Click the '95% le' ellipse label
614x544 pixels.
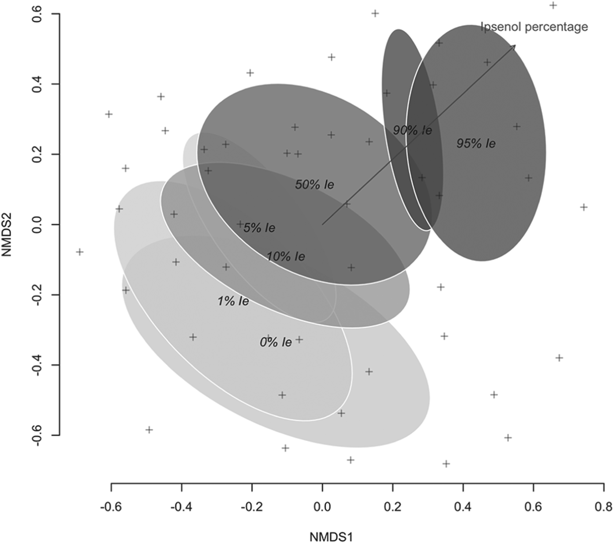[476, 143]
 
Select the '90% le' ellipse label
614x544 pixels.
[412, 130]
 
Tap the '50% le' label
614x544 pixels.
[314, 185]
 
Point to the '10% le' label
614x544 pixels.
[286, 256]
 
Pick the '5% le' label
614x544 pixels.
[259, 228]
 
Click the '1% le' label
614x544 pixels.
[233, 301]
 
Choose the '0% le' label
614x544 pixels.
[275, 342]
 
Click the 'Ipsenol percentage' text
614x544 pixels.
[534, 27]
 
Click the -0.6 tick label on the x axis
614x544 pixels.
[111, 506]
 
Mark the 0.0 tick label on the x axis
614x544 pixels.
[322, 506]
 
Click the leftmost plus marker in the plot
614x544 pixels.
[79, 252]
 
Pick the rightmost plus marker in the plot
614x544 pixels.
[584, 207]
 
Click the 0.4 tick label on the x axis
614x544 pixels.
[463, 506]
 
